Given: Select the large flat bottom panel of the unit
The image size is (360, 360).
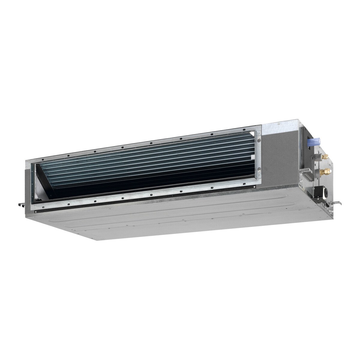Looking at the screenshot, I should tap(180, 219).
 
